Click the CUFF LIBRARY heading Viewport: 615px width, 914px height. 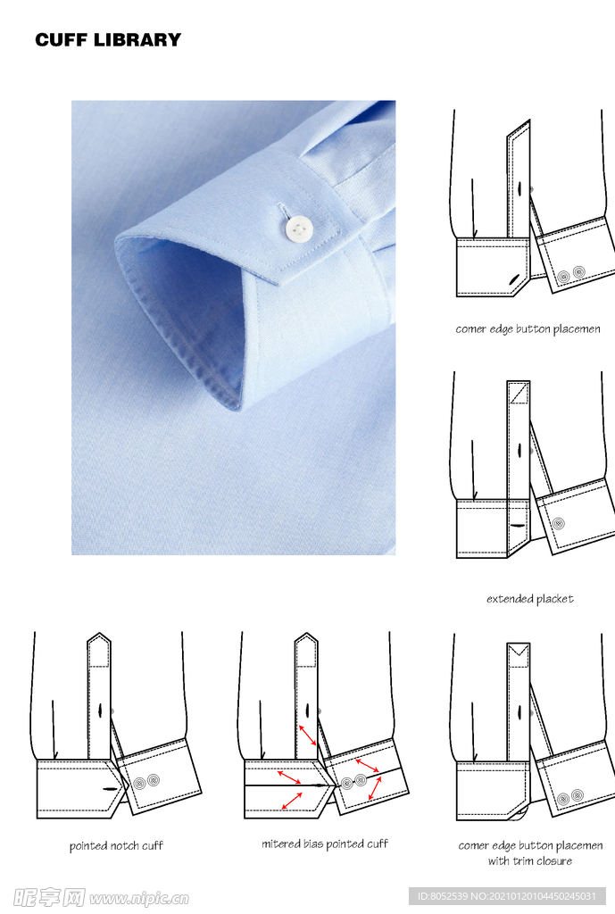click(x=108, y=39)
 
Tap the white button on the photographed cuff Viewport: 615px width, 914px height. click(x=298, y=228)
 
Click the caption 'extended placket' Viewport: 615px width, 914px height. click(x=530, y=599)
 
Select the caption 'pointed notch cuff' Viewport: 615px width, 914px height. click(x=116, y=845)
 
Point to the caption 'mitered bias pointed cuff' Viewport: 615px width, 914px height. click(x=325, y=843)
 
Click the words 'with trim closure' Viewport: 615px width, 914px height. click(x=530, y=861)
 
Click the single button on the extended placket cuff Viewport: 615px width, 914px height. click(x=559, y=523)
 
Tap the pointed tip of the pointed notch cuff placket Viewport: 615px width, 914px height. click(x=99, y=634)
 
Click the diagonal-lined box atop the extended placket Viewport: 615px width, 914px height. click(x=519, y=393)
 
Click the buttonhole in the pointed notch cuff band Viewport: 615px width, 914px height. click(x=110, y=789)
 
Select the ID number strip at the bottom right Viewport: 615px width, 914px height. click(x=507, y=896)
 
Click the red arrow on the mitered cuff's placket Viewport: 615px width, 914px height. click(x=308, y=735)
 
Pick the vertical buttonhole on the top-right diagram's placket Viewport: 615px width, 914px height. click(x=519, y=188)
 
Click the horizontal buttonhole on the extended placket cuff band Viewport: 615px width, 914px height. click(x=516, y=525)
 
